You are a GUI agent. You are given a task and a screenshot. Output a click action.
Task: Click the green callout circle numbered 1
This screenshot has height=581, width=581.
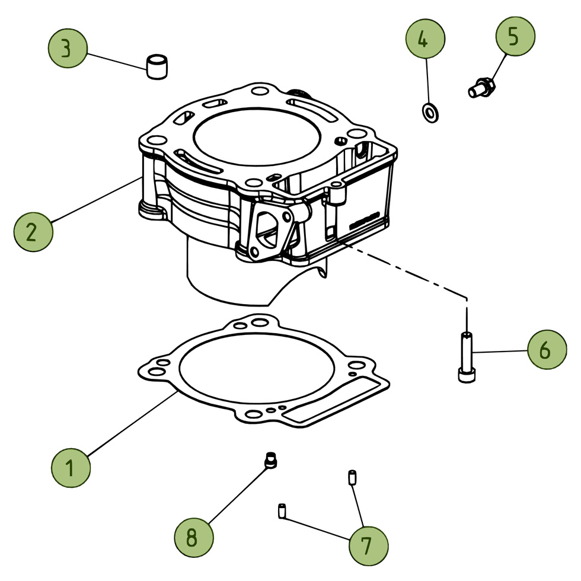71,468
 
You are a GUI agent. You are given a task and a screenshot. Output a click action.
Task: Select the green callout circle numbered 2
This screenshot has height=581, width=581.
33,232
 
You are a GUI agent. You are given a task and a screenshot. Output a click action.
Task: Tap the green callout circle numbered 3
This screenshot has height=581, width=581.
68,48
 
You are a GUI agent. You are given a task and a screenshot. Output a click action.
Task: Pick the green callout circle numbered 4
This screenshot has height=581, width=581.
425,39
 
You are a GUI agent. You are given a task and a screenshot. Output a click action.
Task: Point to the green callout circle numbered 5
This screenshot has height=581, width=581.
515,36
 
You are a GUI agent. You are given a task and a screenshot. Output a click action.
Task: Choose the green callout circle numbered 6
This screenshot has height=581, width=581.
547,349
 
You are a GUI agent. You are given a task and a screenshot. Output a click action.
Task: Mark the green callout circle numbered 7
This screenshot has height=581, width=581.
368,546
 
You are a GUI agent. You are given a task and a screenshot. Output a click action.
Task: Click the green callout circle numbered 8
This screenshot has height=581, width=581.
194,537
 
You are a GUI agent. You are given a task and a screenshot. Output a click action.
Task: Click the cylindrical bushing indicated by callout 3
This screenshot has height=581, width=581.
157,67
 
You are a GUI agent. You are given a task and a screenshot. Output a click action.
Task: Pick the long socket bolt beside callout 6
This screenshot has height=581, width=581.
467,357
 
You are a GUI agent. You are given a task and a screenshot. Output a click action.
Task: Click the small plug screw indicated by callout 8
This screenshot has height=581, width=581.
270,460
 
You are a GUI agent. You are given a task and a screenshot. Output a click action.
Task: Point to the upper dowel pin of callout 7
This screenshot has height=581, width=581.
352,477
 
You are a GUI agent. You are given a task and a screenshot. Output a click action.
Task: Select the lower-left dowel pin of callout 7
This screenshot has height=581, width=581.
282,510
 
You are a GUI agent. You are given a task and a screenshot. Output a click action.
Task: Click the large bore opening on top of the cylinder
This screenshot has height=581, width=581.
256,137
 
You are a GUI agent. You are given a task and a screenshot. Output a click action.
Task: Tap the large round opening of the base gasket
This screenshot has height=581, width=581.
257,367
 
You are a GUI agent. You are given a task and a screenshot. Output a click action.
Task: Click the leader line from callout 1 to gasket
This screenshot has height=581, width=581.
132,423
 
